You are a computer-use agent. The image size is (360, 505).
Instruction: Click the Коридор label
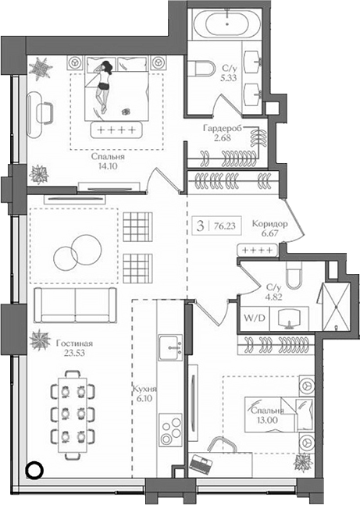[x=272, y=224]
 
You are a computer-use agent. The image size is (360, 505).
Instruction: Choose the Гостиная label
[x=75, y=343]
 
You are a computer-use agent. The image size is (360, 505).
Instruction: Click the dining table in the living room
[x=73, y=411]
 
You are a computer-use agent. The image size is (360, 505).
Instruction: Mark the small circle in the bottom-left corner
[x=33, y=470]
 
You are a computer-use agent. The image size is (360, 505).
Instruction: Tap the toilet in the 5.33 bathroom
[x=206, y=70]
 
